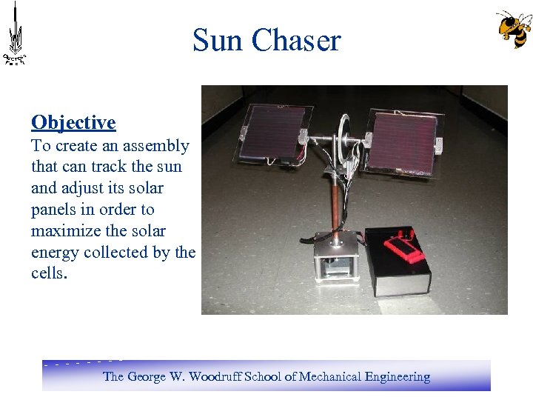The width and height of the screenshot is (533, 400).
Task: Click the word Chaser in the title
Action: (x=296, y=40)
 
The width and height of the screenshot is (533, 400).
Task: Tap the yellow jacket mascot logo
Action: (x=513, y=29)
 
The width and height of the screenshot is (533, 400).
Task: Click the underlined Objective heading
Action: (x=73, y=122)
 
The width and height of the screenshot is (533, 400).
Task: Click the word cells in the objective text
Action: (x=47, y=273)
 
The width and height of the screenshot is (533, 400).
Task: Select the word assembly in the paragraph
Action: (x=158, y=146)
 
